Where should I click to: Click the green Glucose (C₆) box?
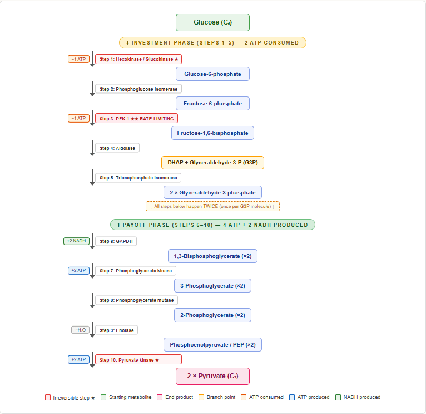tap(212, 22)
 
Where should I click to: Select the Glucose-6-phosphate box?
tap(212, 74)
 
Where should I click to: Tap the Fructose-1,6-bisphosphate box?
tap(212, 133)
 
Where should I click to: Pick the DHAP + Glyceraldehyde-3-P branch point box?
tap(212, 162)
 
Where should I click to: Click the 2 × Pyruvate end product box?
tap(212, 376)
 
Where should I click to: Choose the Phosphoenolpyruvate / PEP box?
tap(212, 344)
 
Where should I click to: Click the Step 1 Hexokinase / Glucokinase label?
tap(138, 59)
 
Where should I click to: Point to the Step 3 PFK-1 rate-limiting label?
tap(136, 118)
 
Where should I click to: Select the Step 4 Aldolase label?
tap(117, 148)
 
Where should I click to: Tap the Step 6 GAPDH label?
tap(116, 241)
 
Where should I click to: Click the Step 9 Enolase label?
tap(116, 330)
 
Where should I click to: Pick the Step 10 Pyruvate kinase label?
tap(138, 360)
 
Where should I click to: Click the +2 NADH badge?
tap(76, 241)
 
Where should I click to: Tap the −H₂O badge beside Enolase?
tap(80, 330)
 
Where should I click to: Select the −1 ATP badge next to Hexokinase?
tap(78, 59)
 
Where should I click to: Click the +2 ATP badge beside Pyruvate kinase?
tap(78, 360)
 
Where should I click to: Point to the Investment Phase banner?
tap(212, 42)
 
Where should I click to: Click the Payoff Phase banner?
tap(212, 225)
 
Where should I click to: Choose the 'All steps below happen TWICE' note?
tap(212, 206)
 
